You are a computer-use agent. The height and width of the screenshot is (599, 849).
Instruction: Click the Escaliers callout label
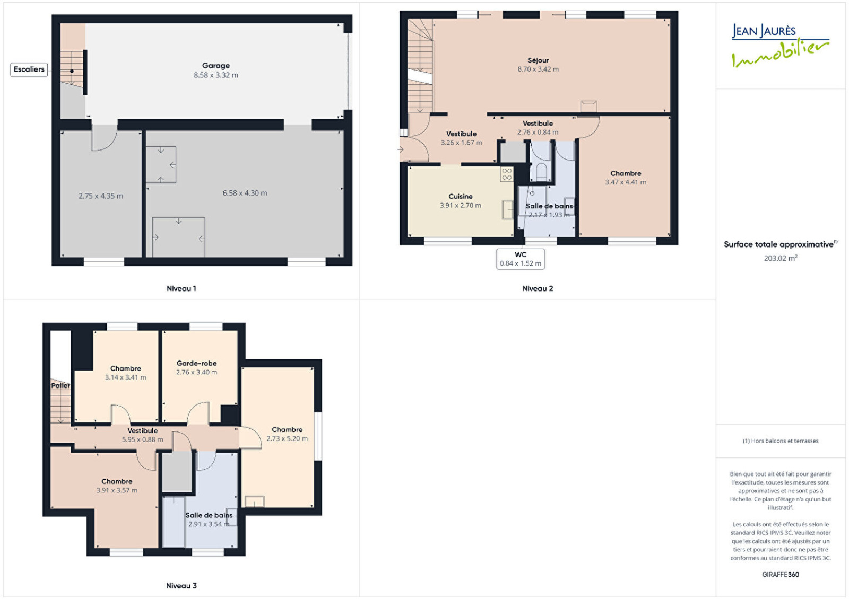point(29,69)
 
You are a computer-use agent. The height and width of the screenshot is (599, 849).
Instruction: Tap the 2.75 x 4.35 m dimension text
point(101,196)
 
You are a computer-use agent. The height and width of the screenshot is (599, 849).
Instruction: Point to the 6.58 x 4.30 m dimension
point(245,193)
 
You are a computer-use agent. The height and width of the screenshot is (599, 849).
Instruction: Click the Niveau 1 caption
point(181,288)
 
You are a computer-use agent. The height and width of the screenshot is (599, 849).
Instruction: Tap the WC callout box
point(521,259)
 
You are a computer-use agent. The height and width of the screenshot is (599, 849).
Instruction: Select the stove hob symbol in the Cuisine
point(507,174)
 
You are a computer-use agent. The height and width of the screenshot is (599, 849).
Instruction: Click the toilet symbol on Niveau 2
point(542,172)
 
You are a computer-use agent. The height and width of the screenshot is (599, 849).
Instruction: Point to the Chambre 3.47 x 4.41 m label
point(626,178)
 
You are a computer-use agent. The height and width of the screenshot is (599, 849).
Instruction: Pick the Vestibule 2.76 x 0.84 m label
point(538,128)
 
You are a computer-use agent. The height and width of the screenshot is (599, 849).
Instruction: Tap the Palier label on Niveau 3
point(60,386)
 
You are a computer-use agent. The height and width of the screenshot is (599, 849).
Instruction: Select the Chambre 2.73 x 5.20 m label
point(287,434)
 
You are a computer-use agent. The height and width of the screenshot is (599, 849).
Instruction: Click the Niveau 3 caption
point(181,585)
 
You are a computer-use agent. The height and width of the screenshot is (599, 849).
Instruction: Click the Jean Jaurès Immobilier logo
point(781,46)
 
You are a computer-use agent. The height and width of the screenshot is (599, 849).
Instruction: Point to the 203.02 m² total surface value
point(781,258)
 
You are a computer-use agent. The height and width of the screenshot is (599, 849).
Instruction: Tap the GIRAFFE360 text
point(781,575)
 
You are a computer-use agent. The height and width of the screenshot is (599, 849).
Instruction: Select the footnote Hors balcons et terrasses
point(781,441)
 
